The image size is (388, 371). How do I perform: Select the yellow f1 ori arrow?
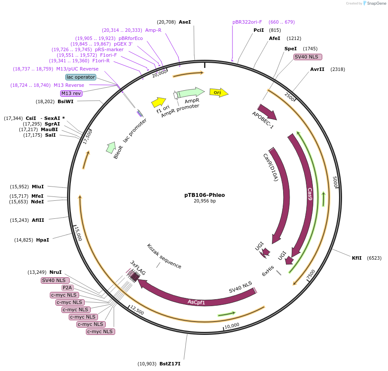pos(159,102)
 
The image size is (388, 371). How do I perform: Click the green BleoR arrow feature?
pos(111,147)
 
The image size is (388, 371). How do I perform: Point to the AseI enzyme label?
pos(185,21)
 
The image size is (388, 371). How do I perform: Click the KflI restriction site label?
pos(357,258)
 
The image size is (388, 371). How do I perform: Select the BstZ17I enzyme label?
pos(170,364)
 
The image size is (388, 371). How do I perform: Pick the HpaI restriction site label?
pos(43,240)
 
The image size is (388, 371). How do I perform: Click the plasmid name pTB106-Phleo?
pos(205,195)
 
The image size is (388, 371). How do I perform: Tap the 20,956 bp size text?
pos(205,201)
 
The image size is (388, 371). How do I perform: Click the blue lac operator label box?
pos(81,77)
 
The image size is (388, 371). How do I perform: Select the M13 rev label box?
pos(71,93)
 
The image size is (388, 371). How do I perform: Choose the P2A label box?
pos(67,288)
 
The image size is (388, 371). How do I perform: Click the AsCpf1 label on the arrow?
pos(196,302)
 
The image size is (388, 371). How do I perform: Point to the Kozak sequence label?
pos(164,256)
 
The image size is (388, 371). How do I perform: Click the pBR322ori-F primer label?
pos(247,22)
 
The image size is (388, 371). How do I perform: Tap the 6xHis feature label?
pos(268,273)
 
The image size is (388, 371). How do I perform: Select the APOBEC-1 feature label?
pos(263,120)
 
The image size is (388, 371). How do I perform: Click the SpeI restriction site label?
pos(290,49)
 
